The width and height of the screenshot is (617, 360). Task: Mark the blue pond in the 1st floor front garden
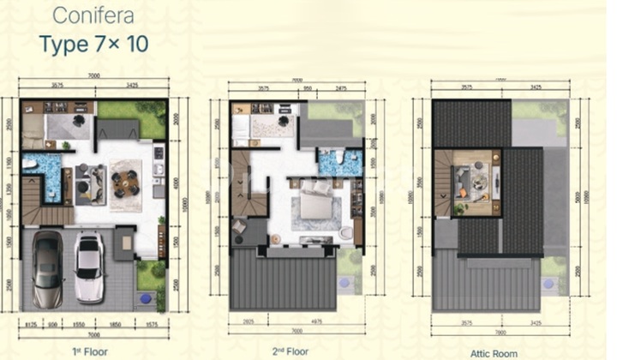point(159,300)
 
